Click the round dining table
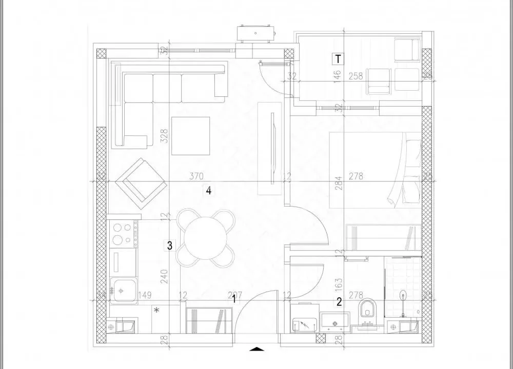(205, 237)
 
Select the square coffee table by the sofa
(190, 136)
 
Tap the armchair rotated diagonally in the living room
(140, 181)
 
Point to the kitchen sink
(123, 290)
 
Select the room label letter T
(338, 59)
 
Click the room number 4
(208, 191)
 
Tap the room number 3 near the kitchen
(169, 245)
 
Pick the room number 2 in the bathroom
(339, 302)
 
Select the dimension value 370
(196, 176)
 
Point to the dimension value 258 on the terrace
(356, 76)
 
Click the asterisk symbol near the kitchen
(157, 310)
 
